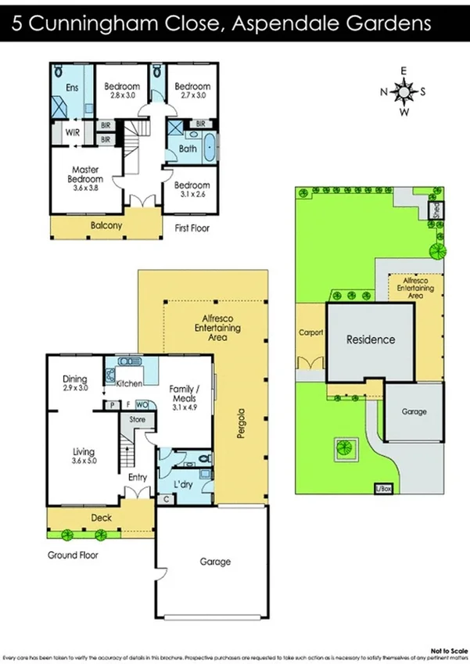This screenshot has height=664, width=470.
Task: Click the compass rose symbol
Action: (x=404, y=92)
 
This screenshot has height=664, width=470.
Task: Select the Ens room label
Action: (x=72, y=88)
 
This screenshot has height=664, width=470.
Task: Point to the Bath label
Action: (x=188, y=149)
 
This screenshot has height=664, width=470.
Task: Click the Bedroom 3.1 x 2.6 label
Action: (x=192, y=190)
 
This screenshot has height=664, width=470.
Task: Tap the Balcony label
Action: (x=106, y=224)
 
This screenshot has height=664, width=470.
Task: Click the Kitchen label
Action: (x=129, y=384)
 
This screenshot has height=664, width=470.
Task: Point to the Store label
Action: (x=138, y=420)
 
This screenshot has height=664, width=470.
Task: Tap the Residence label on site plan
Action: (x=371, y=339)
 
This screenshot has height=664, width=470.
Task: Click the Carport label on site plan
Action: (x=311, y=332)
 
